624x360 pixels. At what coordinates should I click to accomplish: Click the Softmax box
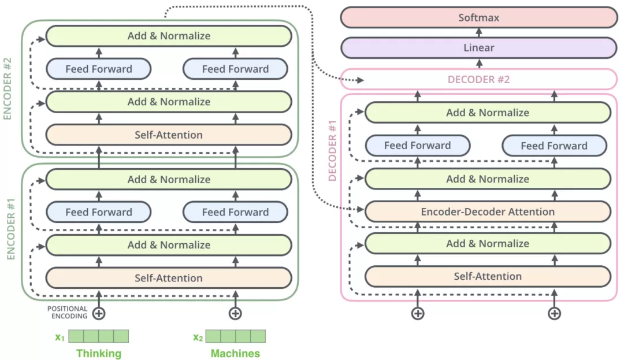(x=479, y=17)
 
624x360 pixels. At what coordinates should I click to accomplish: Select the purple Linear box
(x=479, y=47)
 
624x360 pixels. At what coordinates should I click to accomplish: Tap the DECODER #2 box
(x=479, y=79)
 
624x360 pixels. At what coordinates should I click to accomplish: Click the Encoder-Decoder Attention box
(x=488, y=211)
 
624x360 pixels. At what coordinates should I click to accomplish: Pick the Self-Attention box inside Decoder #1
(x=488, y=276)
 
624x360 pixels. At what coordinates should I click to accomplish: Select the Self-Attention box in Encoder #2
(x=169, y=135)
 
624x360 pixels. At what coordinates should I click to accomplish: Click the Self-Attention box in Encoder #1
(x=169, y=278)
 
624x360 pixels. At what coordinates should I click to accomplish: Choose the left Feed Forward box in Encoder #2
(x=98, y=69)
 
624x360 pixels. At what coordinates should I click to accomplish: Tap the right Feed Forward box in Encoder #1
(x=235, y=212)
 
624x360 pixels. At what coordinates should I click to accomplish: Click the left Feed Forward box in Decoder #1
(x=417, y=146)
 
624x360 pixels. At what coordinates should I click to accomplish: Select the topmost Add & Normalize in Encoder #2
(x=169, y=36)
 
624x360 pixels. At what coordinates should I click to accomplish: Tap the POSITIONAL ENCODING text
(x=67, y=313)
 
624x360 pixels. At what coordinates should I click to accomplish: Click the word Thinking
(x=99, y=353)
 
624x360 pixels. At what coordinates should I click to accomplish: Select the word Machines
(x=235, y=353)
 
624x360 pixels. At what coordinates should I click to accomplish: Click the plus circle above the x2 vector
(x=235, y=313)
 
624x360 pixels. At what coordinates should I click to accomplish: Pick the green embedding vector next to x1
(x=98, y=336)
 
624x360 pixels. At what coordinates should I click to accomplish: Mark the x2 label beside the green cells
(x=198, y=337)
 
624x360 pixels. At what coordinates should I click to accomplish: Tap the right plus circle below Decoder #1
(x=554, y=313)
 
